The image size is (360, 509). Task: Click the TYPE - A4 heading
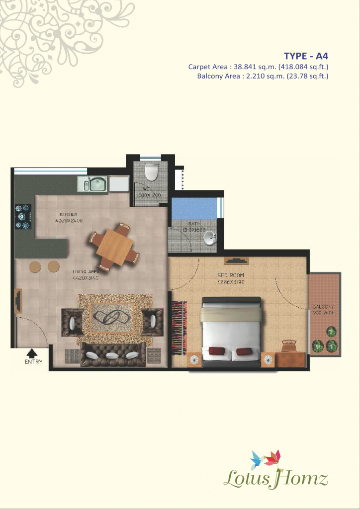(306, 55)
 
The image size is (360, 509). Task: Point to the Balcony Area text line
(263, 76)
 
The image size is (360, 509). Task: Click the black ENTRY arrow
(32, 353)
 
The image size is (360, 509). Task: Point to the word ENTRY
(33, 362)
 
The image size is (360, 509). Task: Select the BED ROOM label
(231, 275)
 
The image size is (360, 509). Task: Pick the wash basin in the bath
(211, 239)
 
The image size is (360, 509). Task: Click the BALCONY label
(323, 307)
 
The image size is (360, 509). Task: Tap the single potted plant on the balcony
(330, 331)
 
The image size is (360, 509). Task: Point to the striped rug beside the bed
(179, 328)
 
